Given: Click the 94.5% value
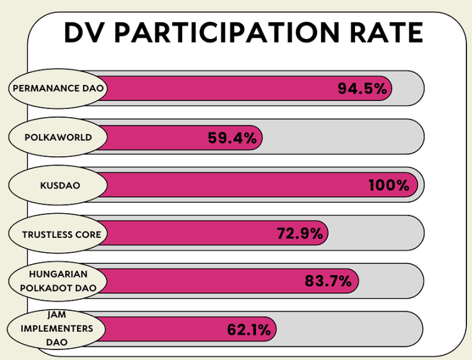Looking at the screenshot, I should click(x=362, y=89).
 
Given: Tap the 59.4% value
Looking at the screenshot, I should click(x=232, y=138).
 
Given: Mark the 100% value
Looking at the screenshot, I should click(x=389, y=185).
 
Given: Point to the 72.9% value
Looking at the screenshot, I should click(x=299, y=234).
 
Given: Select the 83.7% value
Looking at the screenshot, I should click(x=328, y=281).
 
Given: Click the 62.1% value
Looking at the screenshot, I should click(x=248, y=330).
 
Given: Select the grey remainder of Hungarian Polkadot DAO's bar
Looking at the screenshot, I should click(x=390, y=281).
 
